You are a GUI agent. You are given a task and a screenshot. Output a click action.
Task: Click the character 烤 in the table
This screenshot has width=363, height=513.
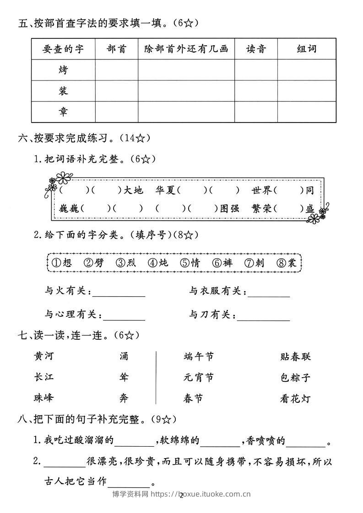click(63, 70)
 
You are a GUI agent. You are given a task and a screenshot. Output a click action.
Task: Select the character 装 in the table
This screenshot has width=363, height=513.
click(63, 91)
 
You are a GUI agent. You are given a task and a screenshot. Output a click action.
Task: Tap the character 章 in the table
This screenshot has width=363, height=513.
click(63, 112)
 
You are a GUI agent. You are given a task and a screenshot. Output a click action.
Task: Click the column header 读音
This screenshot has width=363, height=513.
click(256, 49)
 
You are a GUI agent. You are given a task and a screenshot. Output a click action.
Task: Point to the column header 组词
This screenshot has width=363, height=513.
click(307, 49)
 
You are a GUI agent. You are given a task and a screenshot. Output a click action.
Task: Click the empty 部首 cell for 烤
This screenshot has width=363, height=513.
click(116, 70)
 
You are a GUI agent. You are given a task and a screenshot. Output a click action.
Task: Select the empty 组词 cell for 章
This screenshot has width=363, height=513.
click(307, 112)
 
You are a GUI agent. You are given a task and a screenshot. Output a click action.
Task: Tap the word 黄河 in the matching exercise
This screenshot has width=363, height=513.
click(44, 357)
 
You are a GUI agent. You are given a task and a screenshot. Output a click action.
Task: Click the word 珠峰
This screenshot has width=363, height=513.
click(44, 398)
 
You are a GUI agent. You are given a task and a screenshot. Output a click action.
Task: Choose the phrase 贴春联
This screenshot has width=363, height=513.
click(295, 357)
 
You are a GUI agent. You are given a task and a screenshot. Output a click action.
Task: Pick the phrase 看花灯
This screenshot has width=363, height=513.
click(295, 399)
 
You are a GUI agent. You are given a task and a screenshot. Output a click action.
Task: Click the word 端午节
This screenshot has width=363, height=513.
click(198, 357)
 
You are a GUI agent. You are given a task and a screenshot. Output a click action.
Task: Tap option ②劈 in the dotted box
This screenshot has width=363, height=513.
click(94, 263)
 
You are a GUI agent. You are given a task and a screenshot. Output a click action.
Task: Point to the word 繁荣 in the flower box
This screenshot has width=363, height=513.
click(261, 208)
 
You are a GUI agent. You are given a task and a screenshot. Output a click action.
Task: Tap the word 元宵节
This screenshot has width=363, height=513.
click(198, 378)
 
